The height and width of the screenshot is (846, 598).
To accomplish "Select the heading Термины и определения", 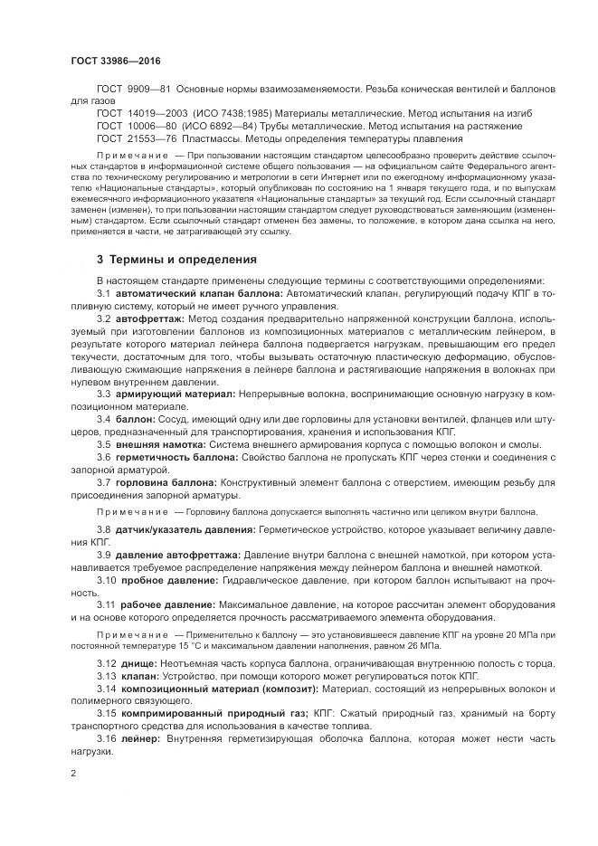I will point(185,259).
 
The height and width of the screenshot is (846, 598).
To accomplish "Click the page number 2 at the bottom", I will point(72,775).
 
